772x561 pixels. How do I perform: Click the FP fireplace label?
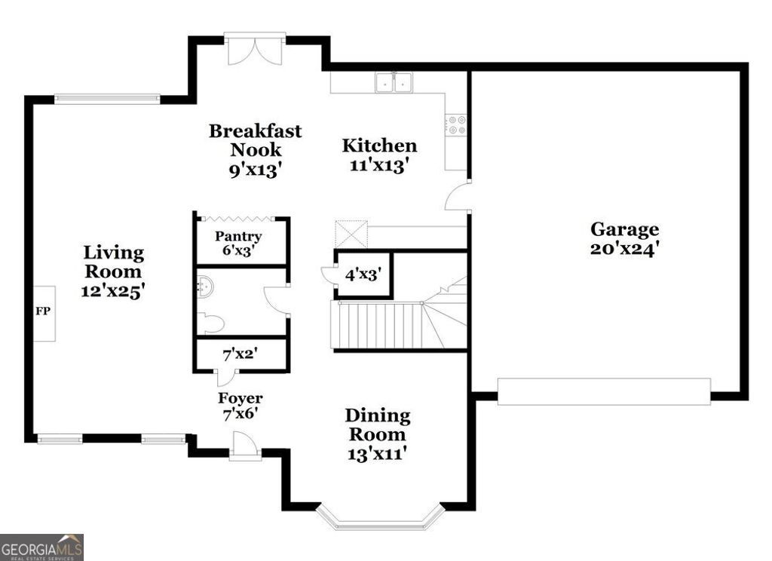pos(43,311)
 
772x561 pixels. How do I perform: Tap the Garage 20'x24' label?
pos(624,238)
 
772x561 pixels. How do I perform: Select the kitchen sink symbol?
pos(394,81)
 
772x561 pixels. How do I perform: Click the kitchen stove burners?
pos(456,125)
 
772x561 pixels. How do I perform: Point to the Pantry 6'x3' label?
pos(238,244)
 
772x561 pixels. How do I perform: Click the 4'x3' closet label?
pos(363,274)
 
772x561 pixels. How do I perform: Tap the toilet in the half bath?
pos(210,324)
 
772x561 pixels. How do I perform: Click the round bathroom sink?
pos(204,285)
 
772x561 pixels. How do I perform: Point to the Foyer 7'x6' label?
pos(240,405)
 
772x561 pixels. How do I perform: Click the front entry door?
pos(245,446)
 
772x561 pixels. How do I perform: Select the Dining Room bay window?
pos(379,517)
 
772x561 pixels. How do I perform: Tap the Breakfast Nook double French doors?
pos(256,49)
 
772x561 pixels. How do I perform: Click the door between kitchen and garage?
pos(458,198)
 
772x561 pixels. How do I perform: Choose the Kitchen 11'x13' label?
pos(379,155)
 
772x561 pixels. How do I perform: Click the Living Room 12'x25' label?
pos(113,271)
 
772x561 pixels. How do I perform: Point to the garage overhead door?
pos(604,392)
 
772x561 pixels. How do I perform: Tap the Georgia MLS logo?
pos(41,547)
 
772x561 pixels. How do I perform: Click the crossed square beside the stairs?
pos(351,234)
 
